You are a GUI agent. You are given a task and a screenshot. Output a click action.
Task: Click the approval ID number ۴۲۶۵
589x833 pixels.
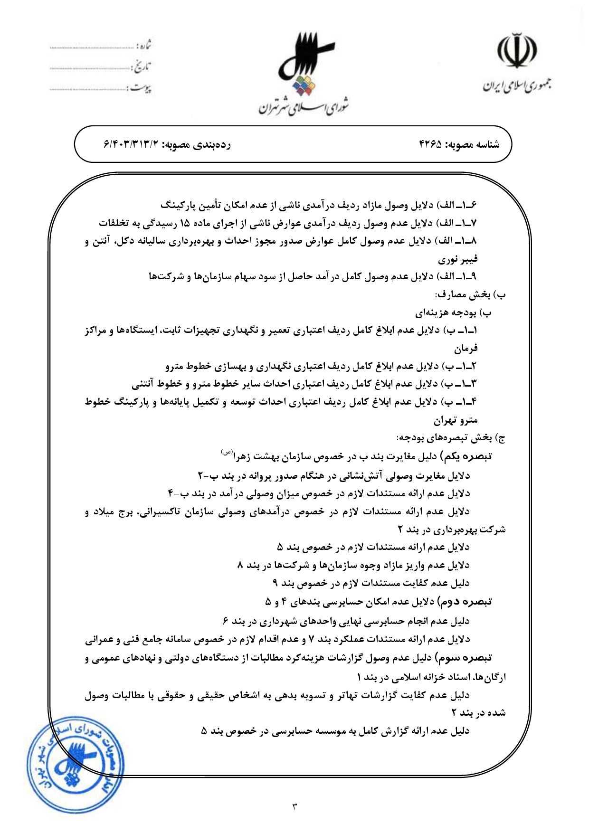[x=431, y=144]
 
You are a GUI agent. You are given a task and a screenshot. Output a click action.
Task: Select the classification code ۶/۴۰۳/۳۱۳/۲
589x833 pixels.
[x=130, y=144]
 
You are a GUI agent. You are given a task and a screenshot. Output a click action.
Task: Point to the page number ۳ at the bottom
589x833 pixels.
[x=294, y=805]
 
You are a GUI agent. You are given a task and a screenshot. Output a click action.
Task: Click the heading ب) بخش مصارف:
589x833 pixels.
[x=470, y=295]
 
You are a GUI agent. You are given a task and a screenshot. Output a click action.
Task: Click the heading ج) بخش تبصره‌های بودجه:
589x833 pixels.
[x=451, y=437]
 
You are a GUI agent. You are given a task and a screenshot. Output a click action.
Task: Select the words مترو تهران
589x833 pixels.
[x=456, y=420]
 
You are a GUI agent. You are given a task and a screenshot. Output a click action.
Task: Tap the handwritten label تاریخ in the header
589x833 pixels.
[x=141, y=67]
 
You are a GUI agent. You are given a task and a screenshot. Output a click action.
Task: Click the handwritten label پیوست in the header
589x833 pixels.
[x=141, y=88]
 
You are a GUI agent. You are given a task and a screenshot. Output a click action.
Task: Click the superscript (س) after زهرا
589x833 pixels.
[x=226, y=452]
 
